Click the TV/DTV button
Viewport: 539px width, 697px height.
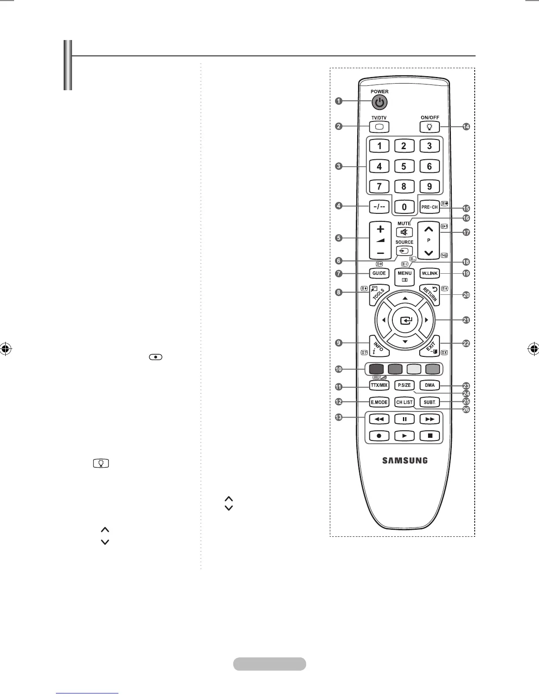coord(380,127)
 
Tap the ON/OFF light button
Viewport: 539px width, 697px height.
coord(429,127)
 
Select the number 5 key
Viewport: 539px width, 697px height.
coord(404,166)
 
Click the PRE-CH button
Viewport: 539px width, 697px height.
coord(429,207)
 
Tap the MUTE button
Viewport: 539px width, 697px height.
coord(404,232)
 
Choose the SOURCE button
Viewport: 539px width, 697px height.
coord(404,251)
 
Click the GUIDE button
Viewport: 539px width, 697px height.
coord(379,273)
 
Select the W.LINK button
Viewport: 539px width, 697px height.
coord(429,273)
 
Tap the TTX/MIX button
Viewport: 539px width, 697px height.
coord(379,385)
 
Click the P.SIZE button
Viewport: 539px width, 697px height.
coord(404,385)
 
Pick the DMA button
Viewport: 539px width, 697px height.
coord(429,385)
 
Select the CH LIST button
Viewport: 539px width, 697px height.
coord(404,402)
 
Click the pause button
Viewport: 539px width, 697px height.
coord(404,419)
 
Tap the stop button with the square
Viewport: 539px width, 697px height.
coord(430,436)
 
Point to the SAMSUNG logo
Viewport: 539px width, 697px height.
coord(404,461)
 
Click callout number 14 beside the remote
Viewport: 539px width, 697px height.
coord(466,127)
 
